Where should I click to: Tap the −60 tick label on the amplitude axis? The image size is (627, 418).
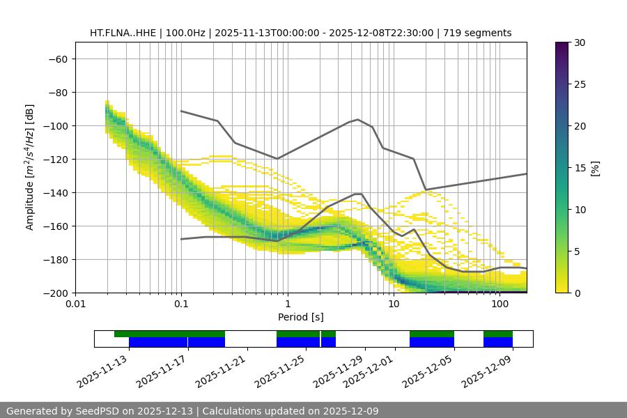(x=57, y=59)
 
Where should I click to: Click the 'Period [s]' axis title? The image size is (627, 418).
(x=301, y=317)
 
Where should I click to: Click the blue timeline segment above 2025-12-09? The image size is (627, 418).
(x=498, y=342)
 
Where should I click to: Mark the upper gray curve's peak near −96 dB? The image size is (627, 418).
(x=358, y=119)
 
